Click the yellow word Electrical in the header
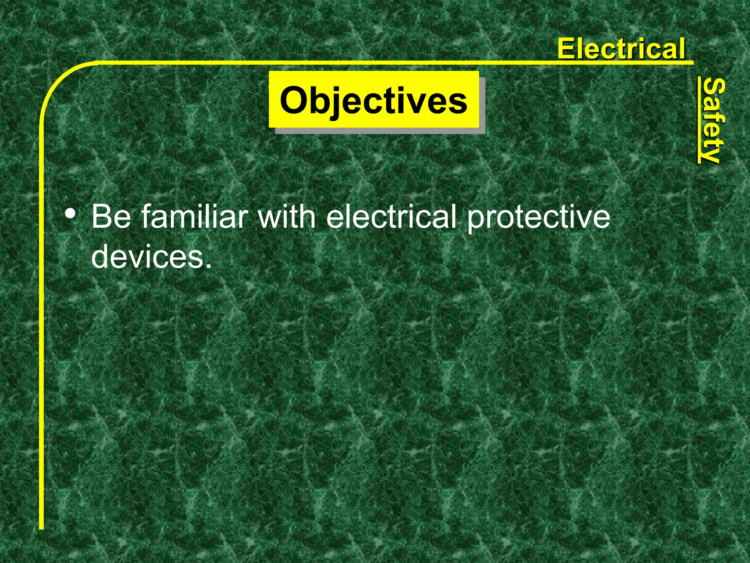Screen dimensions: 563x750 621,49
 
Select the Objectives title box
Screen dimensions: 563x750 374,100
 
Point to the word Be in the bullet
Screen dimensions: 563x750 111,217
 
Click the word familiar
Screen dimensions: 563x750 194,217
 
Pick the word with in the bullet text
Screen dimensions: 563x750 287,217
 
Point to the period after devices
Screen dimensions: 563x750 208,265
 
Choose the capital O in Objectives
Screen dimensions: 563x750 295,100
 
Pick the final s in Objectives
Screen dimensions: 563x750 459,102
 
